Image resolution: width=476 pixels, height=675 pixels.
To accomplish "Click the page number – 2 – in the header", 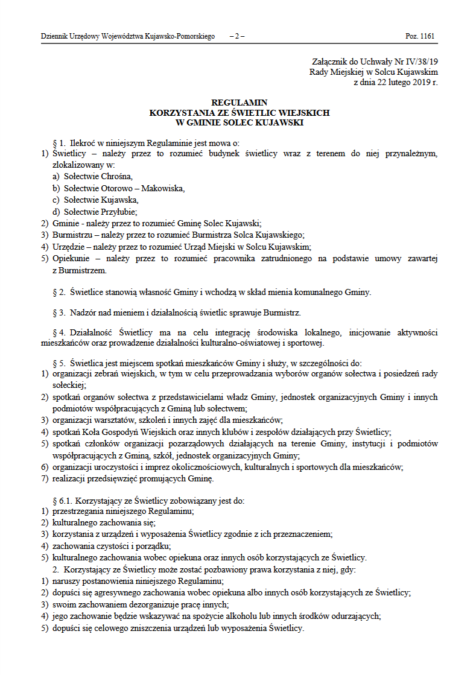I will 237,37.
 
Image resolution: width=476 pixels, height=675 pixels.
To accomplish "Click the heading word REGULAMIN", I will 240,103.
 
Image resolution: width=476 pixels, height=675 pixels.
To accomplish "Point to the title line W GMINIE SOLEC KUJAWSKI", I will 240,122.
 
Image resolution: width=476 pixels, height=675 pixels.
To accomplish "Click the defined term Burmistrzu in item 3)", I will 72,235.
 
